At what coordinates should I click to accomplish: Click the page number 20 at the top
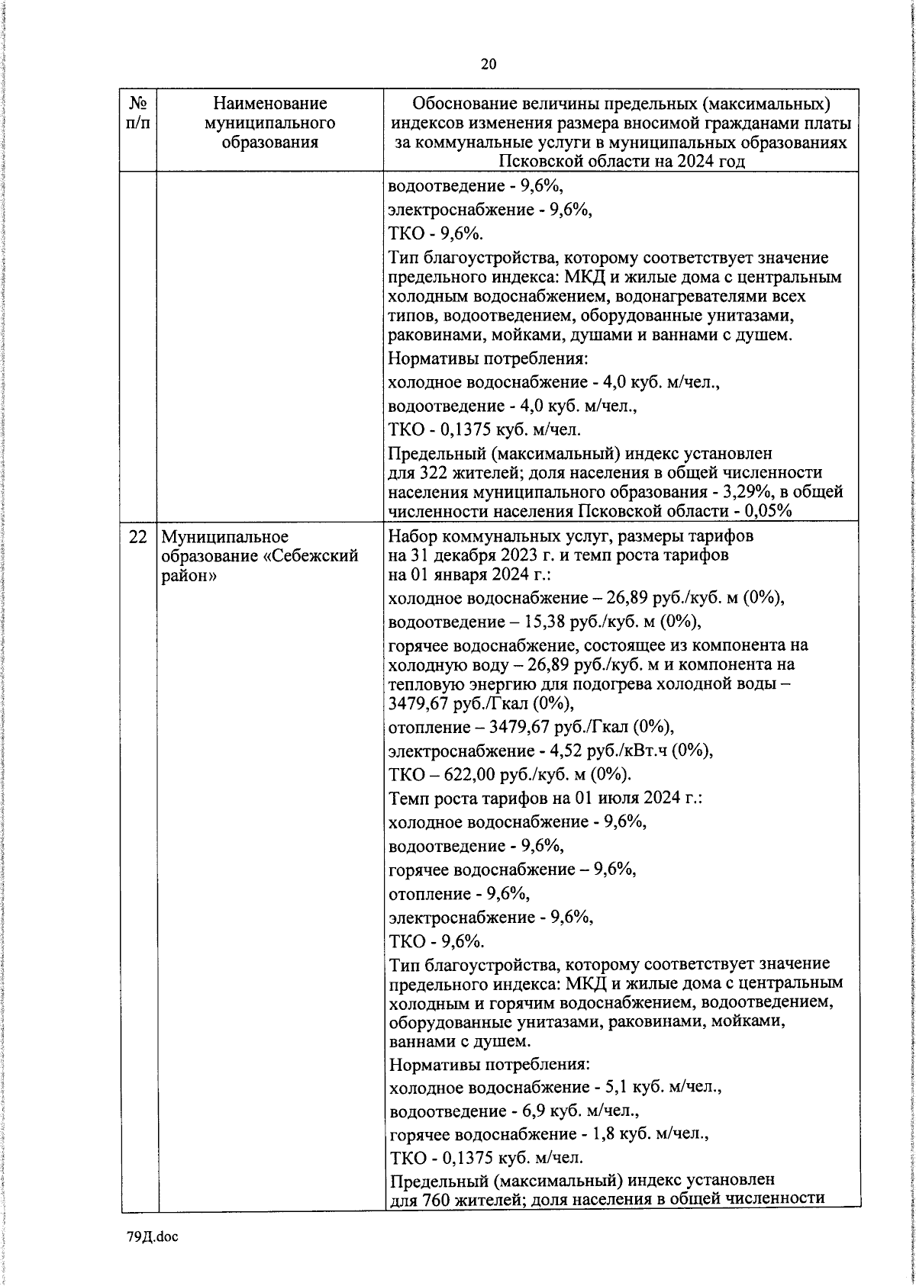pos(489,64)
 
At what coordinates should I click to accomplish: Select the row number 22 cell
pos(138,537)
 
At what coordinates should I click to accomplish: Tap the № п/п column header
pos(138,112)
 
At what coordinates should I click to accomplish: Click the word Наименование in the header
pos(269,103)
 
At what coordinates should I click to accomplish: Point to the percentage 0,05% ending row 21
pos(766,511)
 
